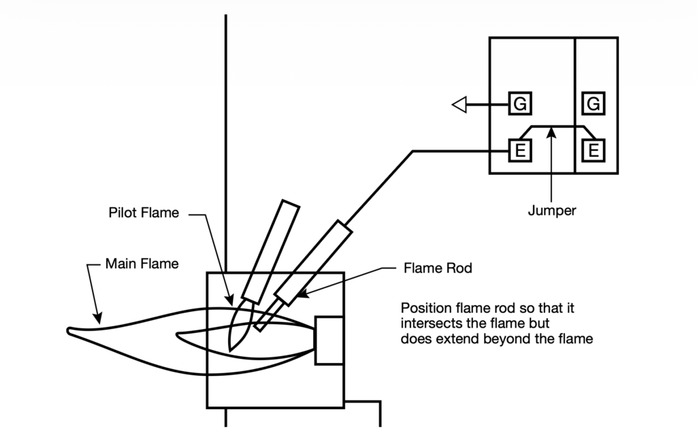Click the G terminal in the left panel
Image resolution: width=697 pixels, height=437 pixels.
pyautogui.click(x=520, y=105)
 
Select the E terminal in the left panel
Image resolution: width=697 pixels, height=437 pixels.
pyautogui.click(x=520, y=150)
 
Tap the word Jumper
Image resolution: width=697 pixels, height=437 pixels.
pyautogui.click(x=551, y=211)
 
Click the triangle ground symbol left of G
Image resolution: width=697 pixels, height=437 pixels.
pyautogui.click(x=459, y=105)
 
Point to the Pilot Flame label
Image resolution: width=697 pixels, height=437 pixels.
pyautogui.click(x=144, y=213)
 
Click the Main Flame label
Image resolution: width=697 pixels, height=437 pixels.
pyautogui.click(x=142, y=264)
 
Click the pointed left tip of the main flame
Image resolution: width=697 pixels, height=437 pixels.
pyautogui.click(x=69, y=331)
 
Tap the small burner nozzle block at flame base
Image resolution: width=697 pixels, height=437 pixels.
pyautogui.click(x=329, y=340)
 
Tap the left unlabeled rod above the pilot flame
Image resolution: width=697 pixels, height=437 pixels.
pyautogui.click(x=272, y=251)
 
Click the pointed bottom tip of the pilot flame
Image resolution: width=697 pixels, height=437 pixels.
pyautogui.click(x=230, y=349)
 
